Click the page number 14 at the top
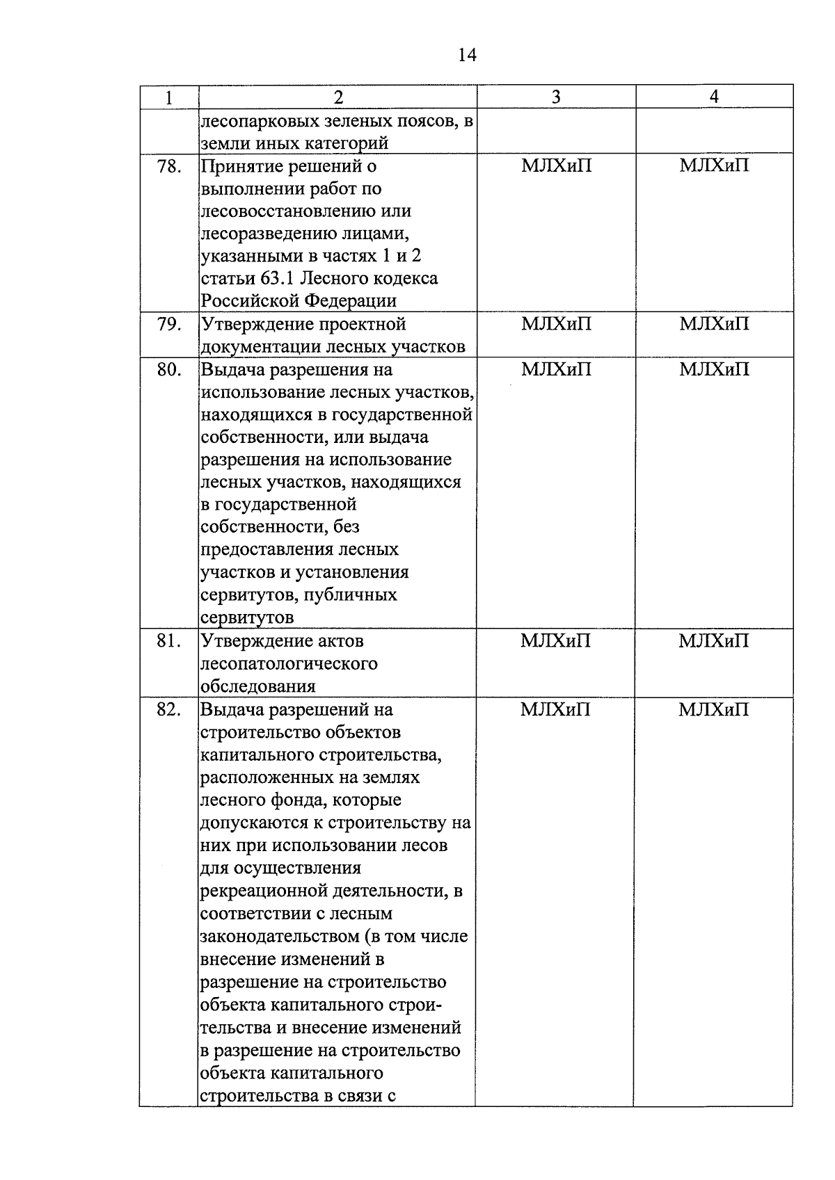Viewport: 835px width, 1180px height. [x=468, y=55]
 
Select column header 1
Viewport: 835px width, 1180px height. [x=169, y=97]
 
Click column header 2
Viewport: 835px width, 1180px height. [x=338, y=97]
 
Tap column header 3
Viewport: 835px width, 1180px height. [x=556, y=97]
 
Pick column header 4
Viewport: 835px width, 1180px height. [x=714, y=97]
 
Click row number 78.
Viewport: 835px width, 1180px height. [x=169, y=166]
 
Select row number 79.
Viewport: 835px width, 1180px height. [x=169, y=324]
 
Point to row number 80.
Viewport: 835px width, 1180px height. [x=169, y=370]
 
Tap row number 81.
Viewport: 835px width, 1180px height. [x=169, y=641]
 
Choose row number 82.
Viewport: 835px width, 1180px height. [x=169, y=710]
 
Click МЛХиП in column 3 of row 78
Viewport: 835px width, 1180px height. [x=556, y=166]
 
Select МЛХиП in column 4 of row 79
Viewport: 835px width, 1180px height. [x=714, y=324]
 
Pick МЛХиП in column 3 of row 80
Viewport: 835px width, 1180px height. [x=556, y=370]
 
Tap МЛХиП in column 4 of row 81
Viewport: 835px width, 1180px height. [x=714, y=641]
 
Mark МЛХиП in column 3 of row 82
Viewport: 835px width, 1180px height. [x=555, y=710]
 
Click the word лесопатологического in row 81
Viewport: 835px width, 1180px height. [x=289, y=664]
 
